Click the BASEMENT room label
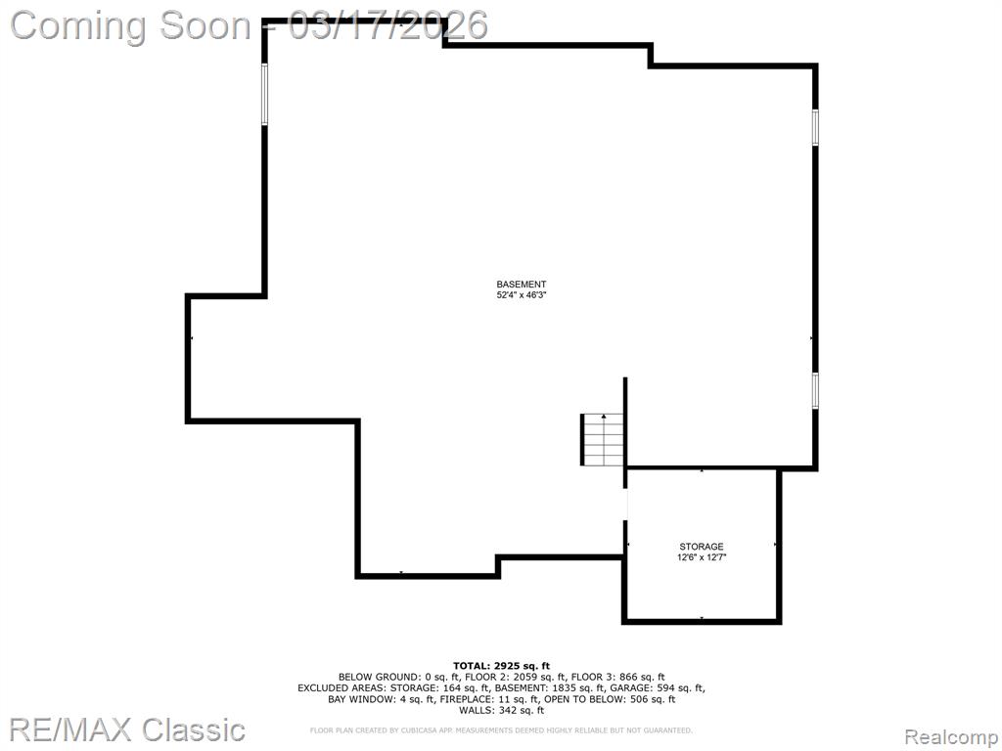(x=522, y=285)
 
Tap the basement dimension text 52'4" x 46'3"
(x=522, y=295)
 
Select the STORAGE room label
(x=701, y=547)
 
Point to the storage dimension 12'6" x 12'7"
(x=702, y=556)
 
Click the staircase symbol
(x=602, y=439)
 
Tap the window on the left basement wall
(x=264, y=94)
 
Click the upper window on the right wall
(x=815, y=127)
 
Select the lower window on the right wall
(x=815, y=390)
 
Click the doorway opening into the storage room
(x=625, y=505)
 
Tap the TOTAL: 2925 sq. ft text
(x=501, y=666)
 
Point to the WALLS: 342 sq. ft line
(x=501, y=710)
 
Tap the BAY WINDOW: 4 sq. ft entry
(x=381, y=699)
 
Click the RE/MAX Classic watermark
(x=128, y=729)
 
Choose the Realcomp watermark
(x=951, y=737)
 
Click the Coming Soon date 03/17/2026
(x=388, y=25)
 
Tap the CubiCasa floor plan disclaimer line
(x=501, y=729)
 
